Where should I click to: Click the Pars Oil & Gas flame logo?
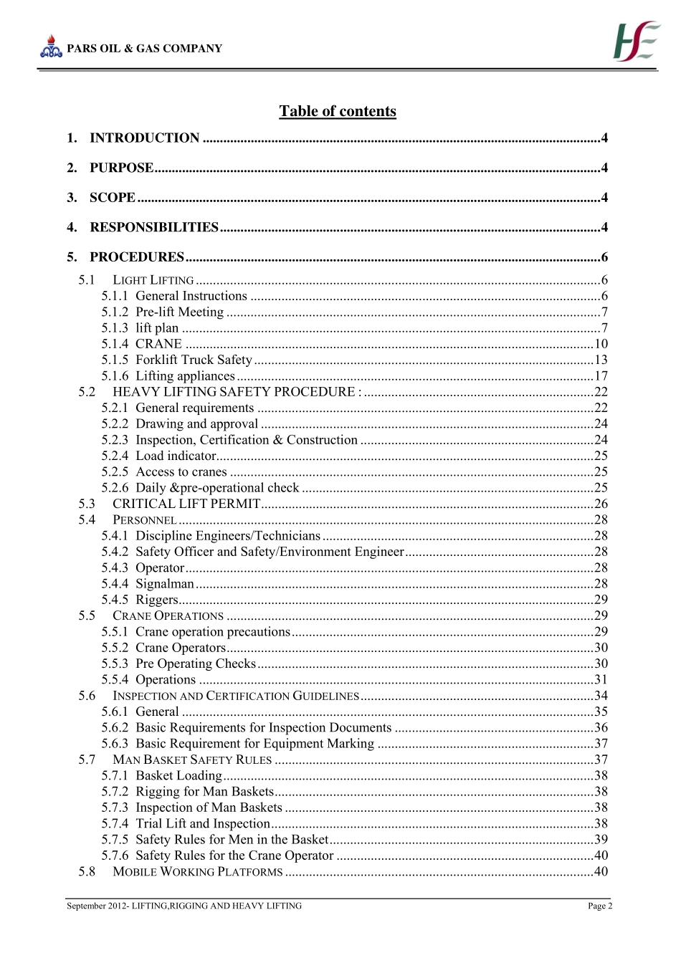(x=51, y=47)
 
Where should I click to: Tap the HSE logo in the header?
(x=636, y=41)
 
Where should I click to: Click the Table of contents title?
(x=338, y=111)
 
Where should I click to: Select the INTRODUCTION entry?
(x=144, y=138)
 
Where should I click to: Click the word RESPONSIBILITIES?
(x=154, y=228)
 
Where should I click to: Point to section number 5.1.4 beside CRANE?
(x=115, y=344)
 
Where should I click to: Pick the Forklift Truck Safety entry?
(x=194, y=360)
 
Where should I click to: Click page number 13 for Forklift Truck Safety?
(x=601, y=360)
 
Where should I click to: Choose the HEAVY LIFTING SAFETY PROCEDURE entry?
(x=237, y=392)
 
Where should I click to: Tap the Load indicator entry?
(x=176, y=456)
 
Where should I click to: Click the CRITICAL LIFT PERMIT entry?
(x=186, y=504)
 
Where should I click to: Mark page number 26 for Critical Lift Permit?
(x=601, y=504)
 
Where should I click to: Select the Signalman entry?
(x=165, y=584)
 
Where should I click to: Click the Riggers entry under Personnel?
(x=157, y=600)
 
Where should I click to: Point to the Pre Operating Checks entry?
(x=196, y=663)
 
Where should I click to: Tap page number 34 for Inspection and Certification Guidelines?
(x=601, y=696)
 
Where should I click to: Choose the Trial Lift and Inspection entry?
(x=203, y=824)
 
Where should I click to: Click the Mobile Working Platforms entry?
(x=198, y=872)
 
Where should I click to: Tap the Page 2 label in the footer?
(x=600, y=906)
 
